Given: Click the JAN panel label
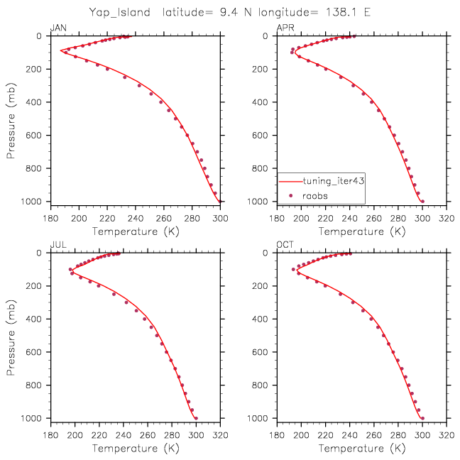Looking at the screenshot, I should [x=57, y=28].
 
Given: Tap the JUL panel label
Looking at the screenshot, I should [x=57, y=246].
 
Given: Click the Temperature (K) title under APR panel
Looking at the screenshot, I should [x=362, y=231].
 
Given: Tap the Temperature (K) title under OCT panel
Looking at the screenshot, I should [x=362, y=449].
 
